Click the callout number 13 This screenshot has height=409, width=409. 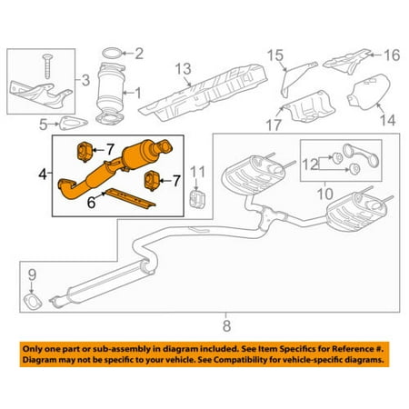tap(182, 68)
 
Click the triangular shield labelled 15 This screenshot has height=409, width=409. tap(288, 77)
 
